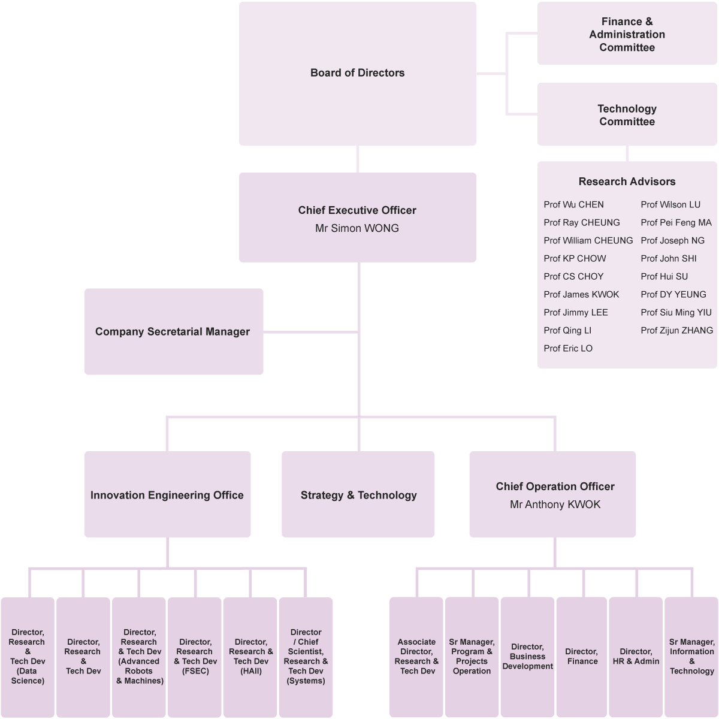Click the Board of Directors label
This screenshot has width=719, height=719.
coord(357,73)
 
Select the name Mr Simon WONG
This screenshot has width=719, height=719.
coord(357,228)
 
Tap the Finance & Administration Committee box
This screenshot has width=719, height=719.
coord(627,34)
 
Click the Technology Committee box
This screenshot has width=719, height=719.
coord(627,114)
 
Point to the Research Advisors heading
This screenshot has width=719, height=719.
coord(627,182)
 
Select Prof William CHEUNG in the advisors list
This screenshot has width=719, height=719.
coord(588,240)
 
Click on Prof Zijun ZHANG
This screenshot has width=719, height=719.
coord(676,330)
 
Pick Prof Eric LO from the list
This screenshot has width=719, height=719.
coord(568,348)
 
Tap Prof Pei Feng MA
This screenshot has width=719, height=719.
coord(676,222)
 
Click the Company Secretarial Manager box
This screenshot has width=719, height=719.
coord(173,331)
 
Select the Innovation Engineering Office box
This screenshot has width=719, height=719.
coord(167,495)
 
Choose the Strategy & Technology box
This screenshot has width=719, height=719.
coord(358,495)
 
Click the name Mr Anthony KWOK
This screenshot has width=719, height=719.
coord(555,504)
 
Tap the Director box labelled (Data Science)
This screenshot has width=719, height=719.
coord(28,657)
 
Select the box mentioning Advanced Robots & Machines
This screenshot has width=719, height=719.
coord(139,657)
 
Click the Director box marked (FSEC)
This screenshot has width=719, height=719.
coord(195,657)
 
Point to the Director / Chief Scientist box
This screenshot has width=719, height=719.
coord(306,657)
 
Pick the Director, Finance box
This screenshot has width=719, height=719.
coord(582,657)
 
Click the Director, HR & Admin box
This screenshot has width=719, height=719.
coord(636,657)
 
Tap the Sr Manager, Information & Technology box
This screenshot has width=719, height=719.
coord(691,657)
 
